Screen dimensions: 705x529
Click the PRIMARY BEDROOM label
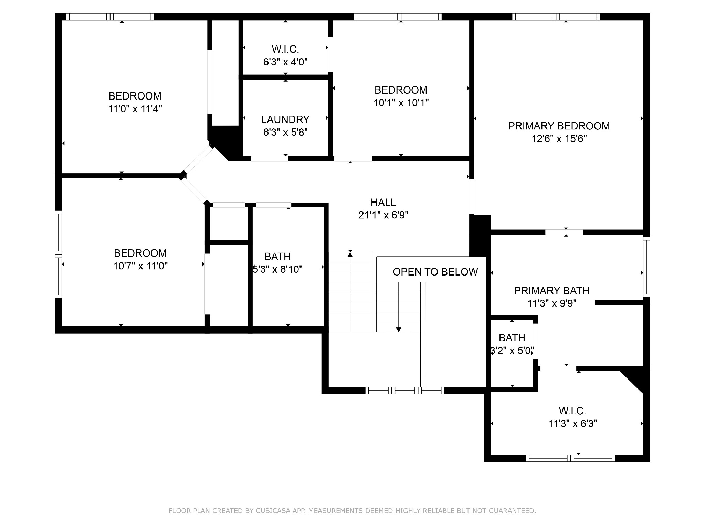(559, 126)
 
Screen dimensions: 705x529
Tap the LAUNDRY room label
(285, 120)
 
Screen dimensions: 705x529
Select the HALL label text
(383, 202)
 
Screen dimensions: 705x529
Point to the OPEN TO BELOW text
(435, 272)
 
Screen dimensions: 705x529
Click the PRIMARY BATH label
(552, 291)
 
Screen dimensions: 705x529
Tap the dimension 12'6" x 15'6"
(559, 139)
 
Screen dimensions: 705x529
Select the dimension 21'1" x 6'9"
(383, 215)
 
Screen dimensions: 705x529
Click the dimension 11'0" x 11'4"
(135, 109)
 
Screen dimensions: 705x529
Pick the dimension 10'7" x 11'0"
(140, 266)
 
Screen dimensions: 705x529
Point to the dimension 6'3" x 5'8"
(285, 132)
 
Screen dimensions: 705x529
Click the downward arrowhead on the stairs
(399, 330)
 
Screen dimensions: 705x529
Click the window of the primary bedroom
(556, 17)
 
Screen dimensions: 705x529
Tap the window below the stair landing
(405, 390)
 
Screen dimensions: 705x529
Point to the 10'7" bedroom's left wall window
(59, 254)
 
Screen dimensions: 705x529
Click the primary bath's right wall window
(646, 267)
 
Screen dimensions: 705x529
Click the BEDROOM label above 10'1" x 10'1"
(401, 90)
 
